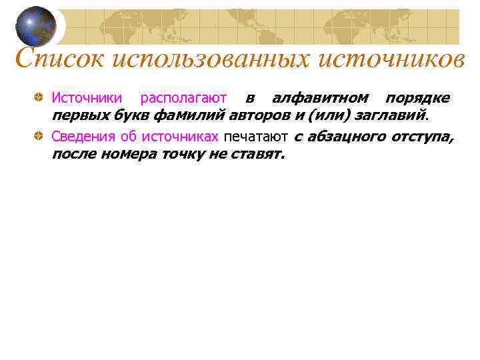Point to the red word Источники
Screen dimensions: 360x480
tap(87, 99)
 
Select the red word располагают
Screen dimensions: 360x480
tap(183, 99)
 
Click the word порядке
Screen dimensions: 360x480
tap(417, 99)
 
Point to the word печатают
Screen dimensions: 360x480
tap(255, 137)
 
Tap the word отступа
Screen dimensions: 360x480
tap(423, 137)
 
